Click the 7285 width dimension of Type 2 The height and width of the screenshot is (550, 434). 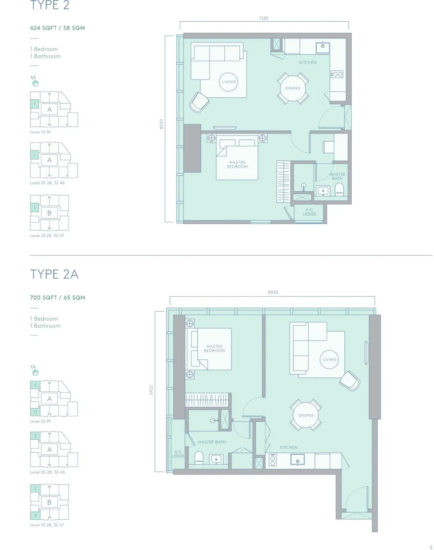(x=263, y=18)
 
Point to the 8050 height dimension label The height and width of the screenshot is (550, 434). (x=161, y=124)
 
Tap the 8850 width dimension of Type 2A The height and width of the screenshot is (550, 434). (x=272, y=292)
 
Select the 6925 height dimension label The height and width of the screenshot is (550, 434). (x=151, y=390)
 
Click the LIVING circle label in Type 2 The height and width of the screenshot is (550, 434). (x=229, y=82)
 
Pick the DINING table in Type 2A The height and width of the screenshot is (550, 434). (x=306, y=415)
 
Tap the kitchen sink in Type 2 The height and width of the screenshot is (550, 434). (x=323, y=46)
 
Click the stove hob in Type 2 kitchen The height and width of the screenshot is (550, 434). (x=337, y=74)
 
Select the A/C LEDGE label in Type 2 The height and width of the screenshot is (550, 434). (x=309, y=212)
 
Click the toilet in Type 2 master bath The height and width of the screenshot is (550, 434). (x=339, y=190)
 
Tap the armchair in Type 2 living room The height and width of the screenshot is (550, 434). (x=199, y=103)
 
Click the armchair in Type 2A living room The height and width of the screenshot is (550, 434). (x=350, y=381)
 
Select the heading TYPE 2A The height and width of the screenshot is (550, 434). (x=54, y=274)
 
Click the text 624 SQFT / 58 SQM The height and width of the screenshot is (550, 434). (x=57, y=28)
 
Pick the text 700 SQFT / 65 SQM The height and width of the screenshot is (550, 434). (x=58, y=298)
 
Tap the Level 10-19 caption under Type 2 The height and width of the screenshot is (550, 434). (x=40, y=132)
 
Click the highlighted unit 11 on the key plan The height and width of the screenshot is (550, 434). (x=35, y=412)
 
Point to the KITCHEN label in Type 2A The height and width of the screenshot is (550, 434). (x=289, y=447)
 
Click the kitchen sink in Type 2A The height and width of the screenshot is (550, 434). (x=298, y=460)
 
